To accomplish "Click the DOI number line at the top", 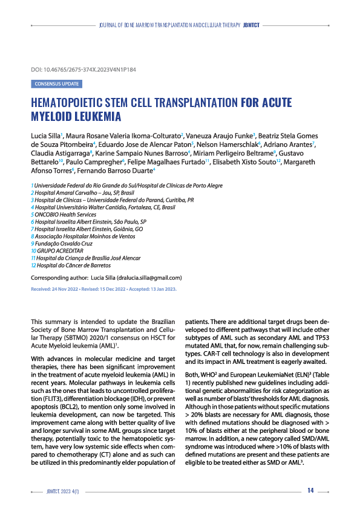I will pos(83,70).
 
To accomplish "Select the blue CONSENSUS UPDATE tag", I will pos(56,84).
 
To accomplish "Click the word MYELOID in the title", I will pos(56,115).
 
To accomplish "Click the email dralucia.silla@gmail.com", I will pos(145,277).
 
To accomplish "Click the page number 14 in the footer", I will pos(310,490).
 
